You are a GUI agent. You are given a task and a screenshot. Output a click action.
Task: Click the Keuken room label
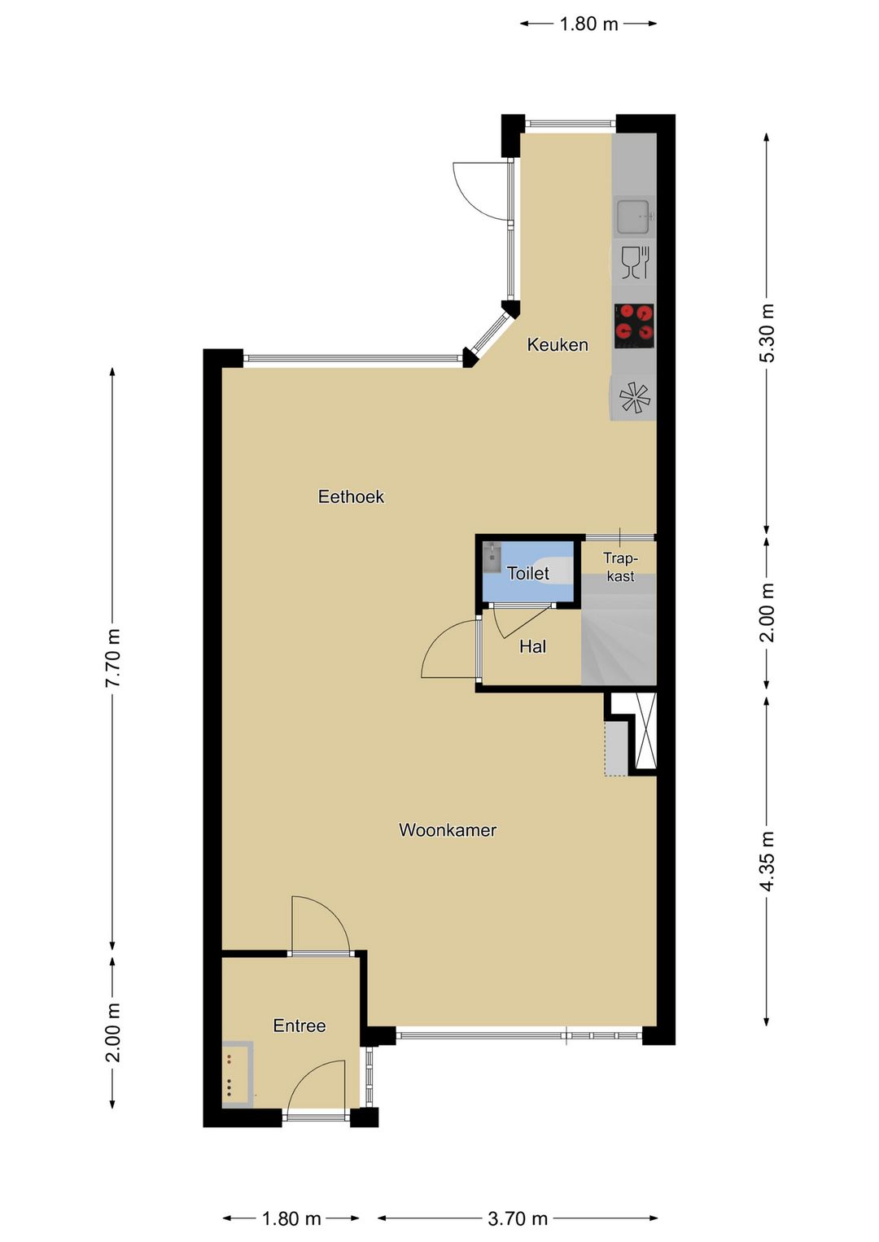click(x=557, y=345)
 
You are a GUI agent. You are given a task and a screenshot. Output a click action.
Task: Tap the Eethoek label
click(x=351, y=496)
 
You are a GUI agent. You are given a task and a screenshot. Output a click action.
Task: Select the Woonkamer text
click(x=447, y=830)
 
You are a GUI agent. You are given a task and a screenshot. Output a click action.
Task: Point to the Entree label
click(x=299, y=1026)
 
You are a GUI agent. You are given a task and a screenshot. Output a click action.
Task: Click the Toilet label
click(x=528, y=573)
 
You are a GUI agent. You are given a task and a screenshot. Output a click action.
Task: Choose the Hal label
click(x=532, y=646)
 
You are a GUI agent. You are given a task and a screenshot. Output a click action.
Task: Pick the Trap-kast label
click(x=620, y=566)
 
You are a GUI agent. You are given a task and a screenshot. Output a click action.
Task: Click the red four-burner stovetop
click(x=634, y=326)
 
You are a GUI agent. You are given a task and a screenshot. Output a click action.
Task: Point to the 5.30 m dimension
click(x=766, y=333)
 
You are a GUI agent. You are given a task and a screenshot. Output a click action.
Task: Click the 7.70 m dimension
click(x=112, y=658)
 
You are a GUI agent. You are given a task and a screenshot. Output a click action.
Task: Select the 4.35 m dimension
click(x=766, y=861)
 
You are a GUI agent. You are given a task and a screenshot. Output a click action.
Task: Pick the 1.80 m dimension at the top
click(x=588, y=24)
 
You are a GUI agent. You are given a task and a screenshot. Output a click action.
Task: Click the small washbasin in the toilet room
click(x=492, y=557)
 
